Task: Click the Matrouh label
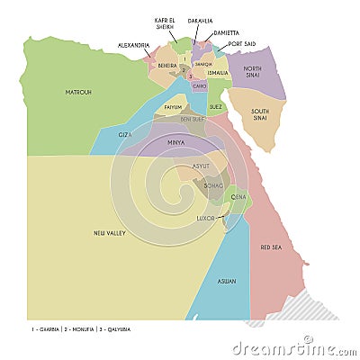click(78, 92)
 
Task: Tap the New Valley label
click(109, 233)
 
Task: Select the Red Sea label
click(271, 247)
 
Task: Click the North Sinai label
click(253, 73)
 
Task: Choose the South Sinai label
click(259, 115)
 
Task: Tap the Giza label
click(125, 134)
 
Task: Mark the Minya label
click(176, 142)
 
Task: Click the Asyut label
click(202, 166)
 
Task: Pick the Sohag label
click(213, 185)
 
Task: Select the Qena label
click(238, 196)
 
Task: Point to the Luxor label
click(205, 218)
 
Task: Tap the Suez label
click(216, 106)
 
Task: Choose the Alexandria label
click(133, 44)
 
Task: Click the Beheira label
click(167, 65)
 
